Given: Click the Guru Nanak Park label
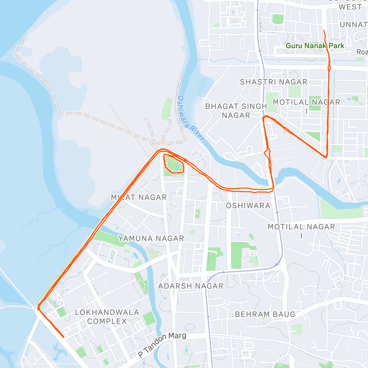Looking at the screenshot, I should tap(315, 46).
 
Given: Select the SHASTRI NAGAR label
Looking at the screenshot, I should tap(274, 82).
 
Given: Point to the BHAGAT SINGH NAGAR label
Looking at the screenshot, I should tap(236, 111).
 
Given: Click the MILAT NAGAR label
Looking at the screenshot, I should tap(139, 197).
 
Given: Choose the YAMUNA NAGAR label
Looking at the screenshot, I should tap(151, 238).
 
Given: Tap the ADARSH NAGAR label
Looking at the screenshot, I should tap(191, 286).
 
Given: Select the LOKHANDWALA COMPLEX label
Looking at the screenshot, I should tap(107, 317).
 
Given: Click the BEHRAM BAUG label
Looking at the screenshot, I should tap(265, 314).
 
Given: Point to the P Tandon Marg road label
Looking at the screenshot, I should tap(162, 344).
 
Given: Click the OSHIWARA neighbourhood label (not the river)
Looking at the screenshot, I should tap(248, 205).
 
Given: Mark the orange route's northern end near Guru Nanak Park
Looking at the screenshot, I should tap(324, 30).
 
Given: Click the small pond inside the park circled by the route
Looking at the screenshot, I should tap(177, 167).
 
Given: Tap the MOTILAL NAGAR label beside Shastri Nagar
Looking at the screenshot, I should tap(306, 106).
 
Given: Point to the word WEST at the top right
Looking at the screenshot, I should tap(350, 7).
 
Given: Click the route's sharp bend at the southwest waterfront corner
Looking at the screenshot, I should tap(38, 308).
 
